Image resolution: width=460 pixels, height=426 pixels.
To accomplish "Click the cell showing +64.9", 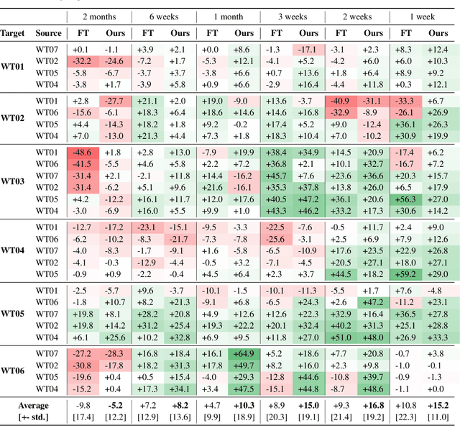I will [x=244, y=354].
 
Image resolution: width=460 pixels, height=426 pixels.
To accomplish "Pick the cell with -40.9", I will [x=340, y=101].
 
